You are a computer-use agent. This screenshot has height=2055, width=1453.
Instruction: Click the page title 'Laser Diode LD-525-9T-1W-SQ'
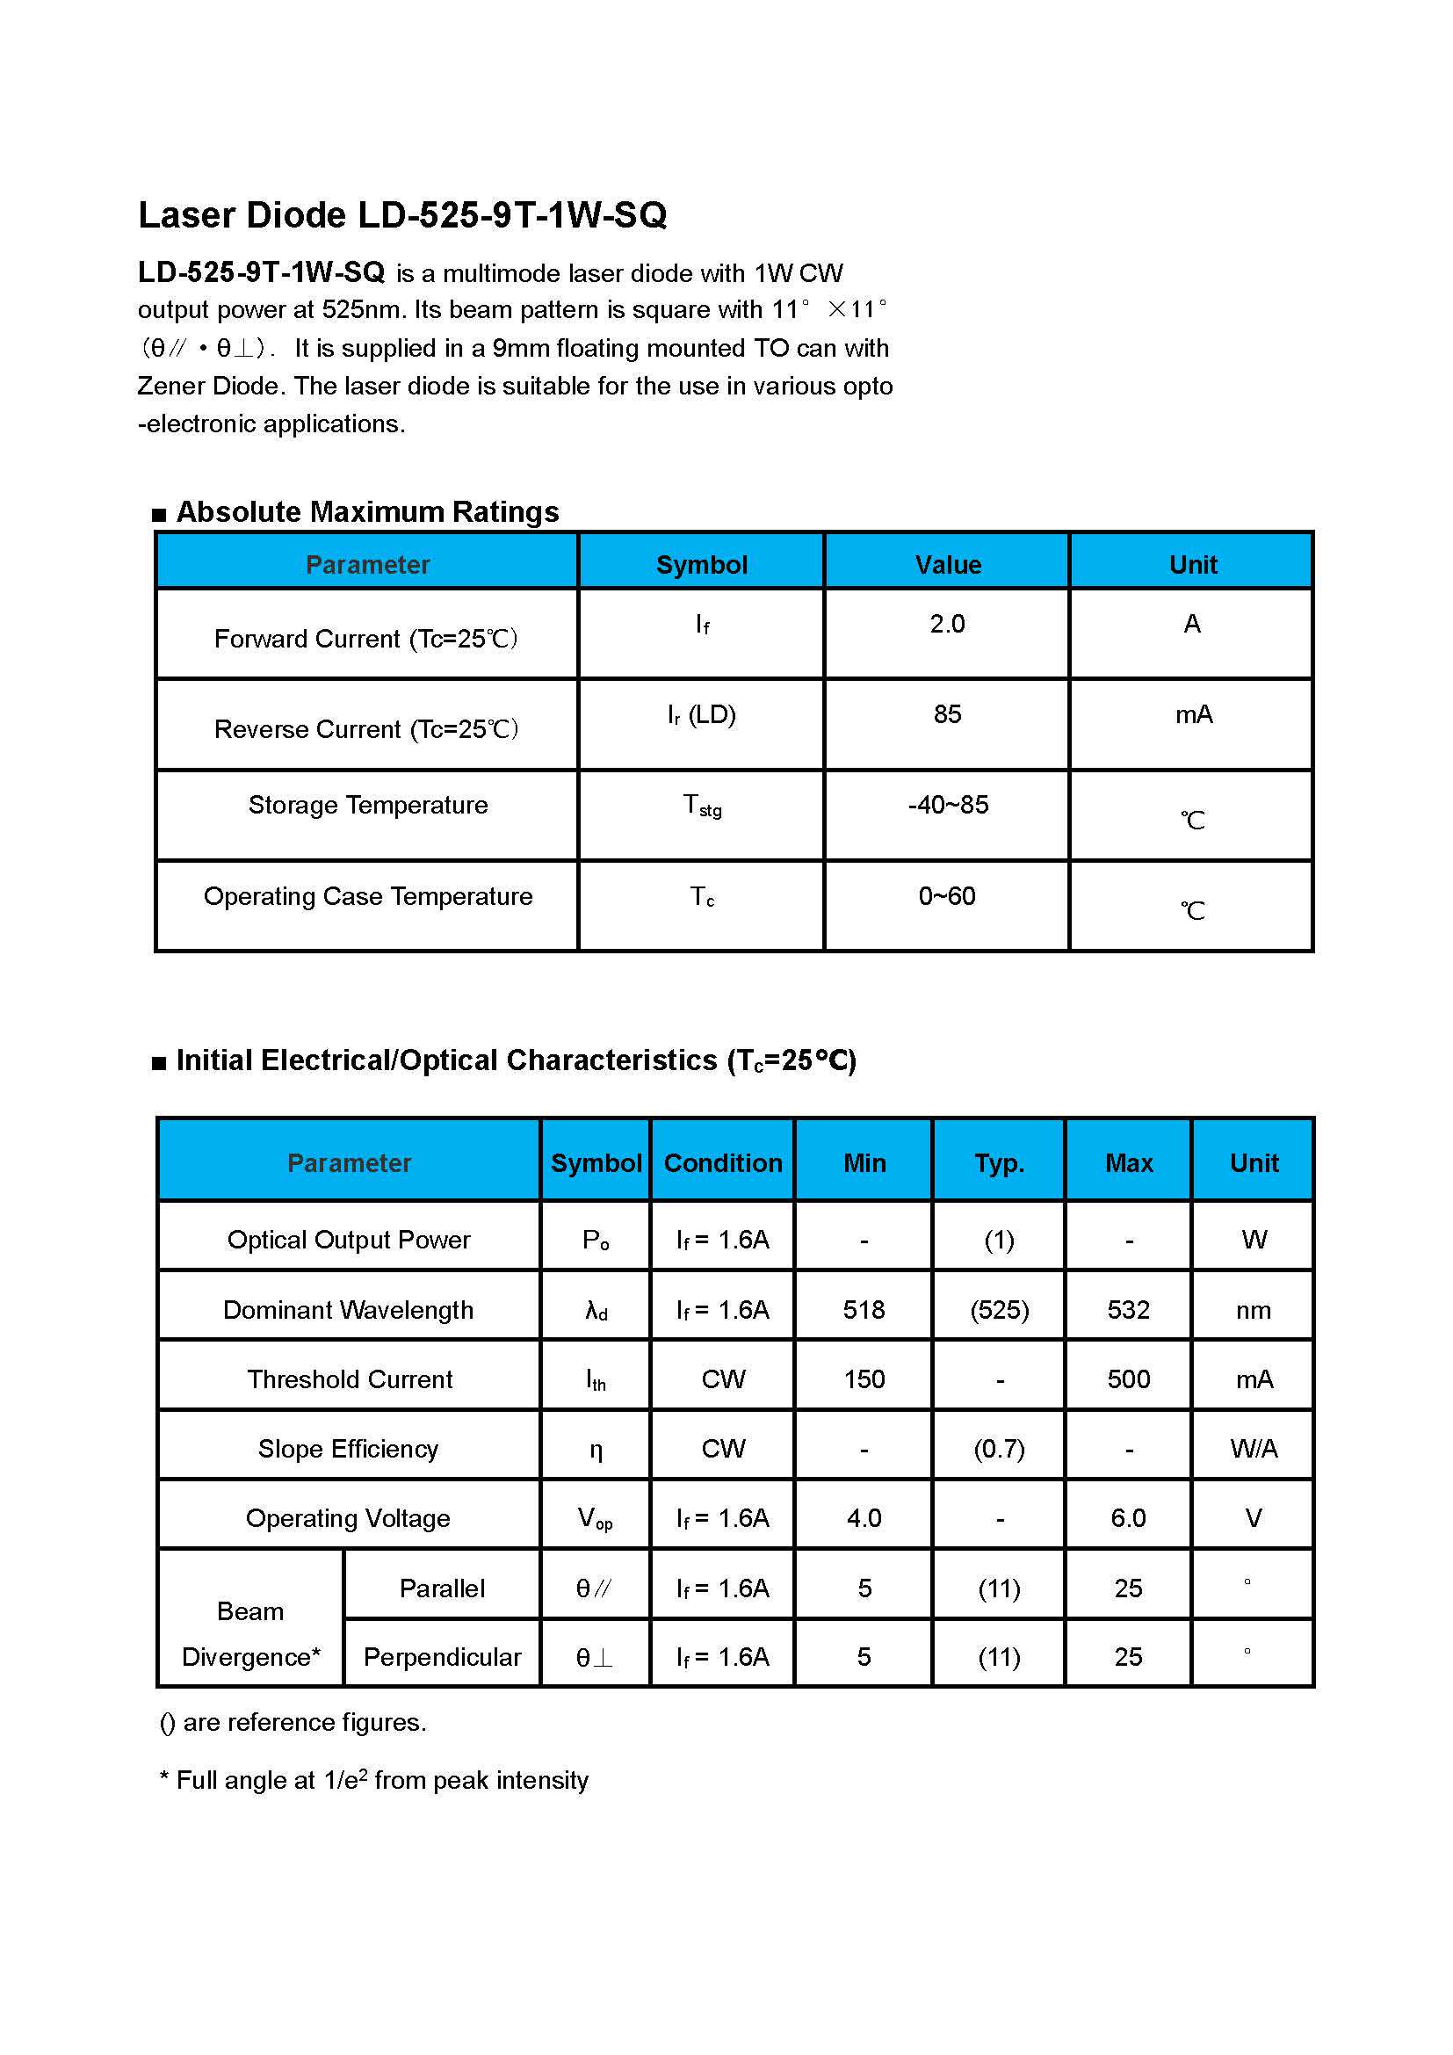[x=401, y=214]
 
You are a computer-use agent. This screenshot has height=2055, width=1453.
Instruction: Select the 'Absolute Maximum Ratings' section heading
[x=367, y=512]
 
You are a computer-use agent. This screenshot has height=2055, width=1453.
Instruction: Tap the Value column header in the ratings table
[x=948, y=565]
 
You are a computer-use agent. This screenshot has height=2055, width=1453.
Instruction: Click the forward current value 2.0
[x=947, y=624]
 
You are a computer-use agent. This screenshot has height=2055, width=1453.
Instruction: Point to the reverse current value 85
[x=947, y=714]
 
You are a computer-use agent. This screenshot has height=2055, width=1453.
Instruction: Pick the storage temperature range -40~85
[x=948, y=805]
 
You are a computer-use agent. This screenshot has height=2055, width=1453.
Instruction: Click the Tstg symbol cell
[x=703, y=806]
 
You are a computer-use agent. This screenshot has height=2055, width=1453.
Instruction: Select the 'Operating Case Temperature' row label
[x=368, y=896]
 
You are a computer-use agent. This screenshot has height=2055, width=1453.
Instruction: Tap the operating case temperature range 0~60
[x=947, y=896]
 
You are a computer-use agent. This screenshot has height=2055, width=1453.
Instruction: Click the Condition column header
[x=723, y=1162]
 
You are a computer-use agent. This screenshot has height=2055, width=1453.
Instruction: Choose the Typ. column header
[x=1000, y=1162]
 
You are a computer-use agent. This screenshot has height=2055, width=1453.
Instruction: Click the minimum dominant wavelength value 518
[x=864, y=1310]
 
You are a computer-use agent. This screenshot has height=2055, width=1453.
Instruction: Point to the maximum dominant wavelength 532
[x=1128, y=1310]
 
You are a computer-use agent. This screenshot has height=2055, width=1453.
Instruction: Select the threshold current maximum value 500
[x=1128, y=1379]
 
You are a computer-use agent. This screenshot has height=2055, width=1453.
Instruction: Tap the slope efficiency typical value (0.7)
[x=1000, y=1449]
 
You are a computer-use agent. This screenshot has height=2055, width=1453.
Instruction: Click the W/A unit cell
[x=1254, y=1449]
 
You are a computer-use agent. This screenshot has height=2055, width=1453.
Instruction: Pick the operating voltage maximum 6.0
[x=1128, y=1518]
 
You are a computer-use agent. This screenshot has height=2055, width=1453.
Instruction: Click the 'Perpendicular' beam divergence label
[x=442, y=1658]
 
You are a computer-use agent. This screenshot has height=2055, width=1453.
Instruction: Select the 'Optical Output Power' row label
[x=348, y=1240]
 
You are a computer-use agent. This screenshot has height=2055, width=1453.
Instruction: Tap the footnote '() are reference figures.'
[x=293, y=1723]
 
